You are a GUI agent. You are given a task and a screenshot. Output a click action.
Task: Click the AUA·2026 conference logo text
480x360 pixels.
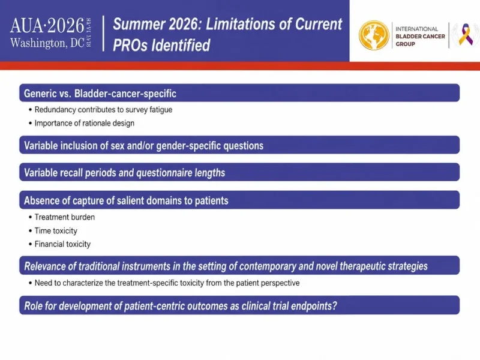[x=47, y=25]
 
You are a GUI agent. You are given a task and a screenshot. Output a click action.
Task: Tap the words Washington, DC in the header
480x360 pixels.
[x=47, y=43]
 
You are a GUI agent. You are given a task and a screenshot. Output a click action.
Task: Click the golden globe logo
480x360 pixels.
[x=374, y=35]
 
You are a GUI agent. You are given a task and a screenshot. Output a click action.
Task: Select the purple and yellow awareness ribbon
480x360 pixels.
[x=466, y=35]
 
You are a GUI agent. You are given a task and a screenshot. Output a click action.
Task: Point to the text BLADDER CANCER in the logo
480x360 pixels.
[x=420, y=37]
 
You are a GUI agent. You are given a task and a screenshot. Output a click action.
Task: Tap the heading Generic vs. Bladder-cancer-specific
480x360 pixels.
[x=100, y=94]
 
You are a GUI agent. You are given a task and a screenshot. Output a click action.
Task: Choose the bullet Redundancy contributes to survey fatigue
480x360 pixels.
[x=103, y=110]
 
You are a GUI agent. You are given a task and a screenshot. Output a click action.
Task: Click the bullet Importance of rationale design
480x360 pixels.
[x=84, y=123]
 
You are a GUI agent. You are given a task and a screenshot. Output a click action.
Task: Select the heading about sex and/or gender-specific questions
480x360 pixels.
[x=143, y=145]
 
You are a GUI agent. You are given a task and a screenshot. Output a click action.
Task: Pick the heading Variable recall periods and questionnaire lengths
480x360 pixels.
[x=124, y=173]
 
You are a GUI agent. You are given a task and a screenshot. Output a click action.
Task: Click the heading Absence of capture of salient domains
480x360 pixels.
[x=126, y=200]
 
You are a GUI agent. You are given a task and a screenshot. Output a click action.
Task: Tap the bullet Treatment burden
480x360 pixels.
[x=65, y=217]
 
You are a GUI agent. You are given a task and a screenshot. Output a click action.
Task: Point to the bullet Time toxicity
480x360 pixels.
[x=56, y=230]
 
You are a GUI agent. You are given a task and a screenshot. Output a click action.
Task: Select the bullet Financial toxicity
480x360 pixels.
[x=62, y=244]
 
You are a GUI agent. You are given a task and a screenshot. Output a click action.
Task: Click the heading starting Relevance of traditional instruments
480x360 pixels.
[x=226, y=266]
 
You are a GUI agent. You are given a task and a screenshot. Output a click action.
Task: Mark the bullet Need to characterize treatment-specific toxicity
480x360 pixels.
[x=167, y=283]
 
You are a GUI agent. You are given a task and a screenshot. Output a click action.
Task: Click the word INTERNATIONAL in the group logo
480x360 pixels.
[x=416, y=29]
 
